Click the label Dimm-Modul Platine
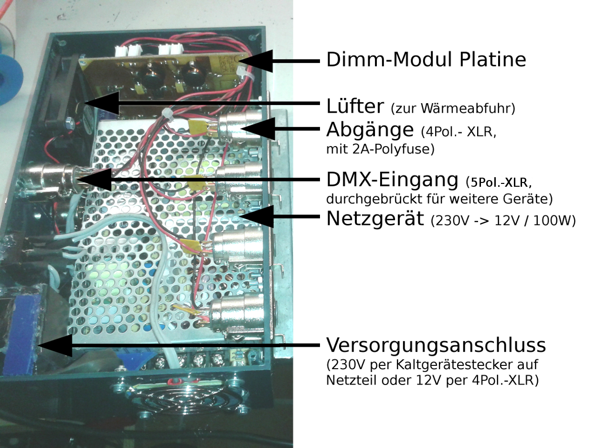(x=426, y=60)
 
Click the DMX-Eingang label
(x=392, y=180)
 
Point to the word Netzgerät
(x=375, y=219)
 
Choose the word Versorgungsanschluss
(x=436, y=345)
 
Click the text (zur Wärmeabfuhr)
(x=453, y=108)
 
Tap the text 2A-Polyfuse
(x=387, y=149)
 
